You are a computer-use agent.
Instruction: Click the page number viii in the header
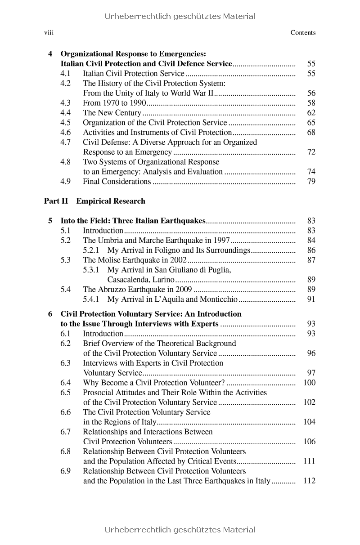(x=49, y=32)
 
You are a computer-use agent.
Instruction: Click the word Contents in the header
(x=303, y=32)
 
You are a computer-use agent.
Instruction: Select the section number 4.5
(x=66, y=123)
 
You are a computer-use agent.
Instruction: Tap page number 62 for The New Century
(x=311, y=113)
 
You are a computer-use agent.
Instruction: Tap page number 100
(x=310, y=383)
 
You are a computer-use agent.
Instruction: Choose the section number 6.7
(x=66, y=432)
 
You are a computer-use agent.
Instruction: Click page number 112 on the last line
(x=310, y=481)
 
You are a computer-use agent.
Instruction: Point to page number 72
(x=311, y=152)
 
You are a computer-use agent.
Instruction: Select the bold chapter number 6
(x=50, y=314)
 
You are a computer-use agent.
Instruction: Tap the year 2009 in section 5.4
(x=184, y=290)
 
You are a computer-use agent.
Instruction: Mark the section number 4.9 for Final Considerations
(x=66, y=182)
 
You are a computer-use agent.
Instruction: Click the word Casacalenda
(x=128, y=280)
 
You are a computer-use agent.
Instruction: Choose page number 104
(x=310, y=422)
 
